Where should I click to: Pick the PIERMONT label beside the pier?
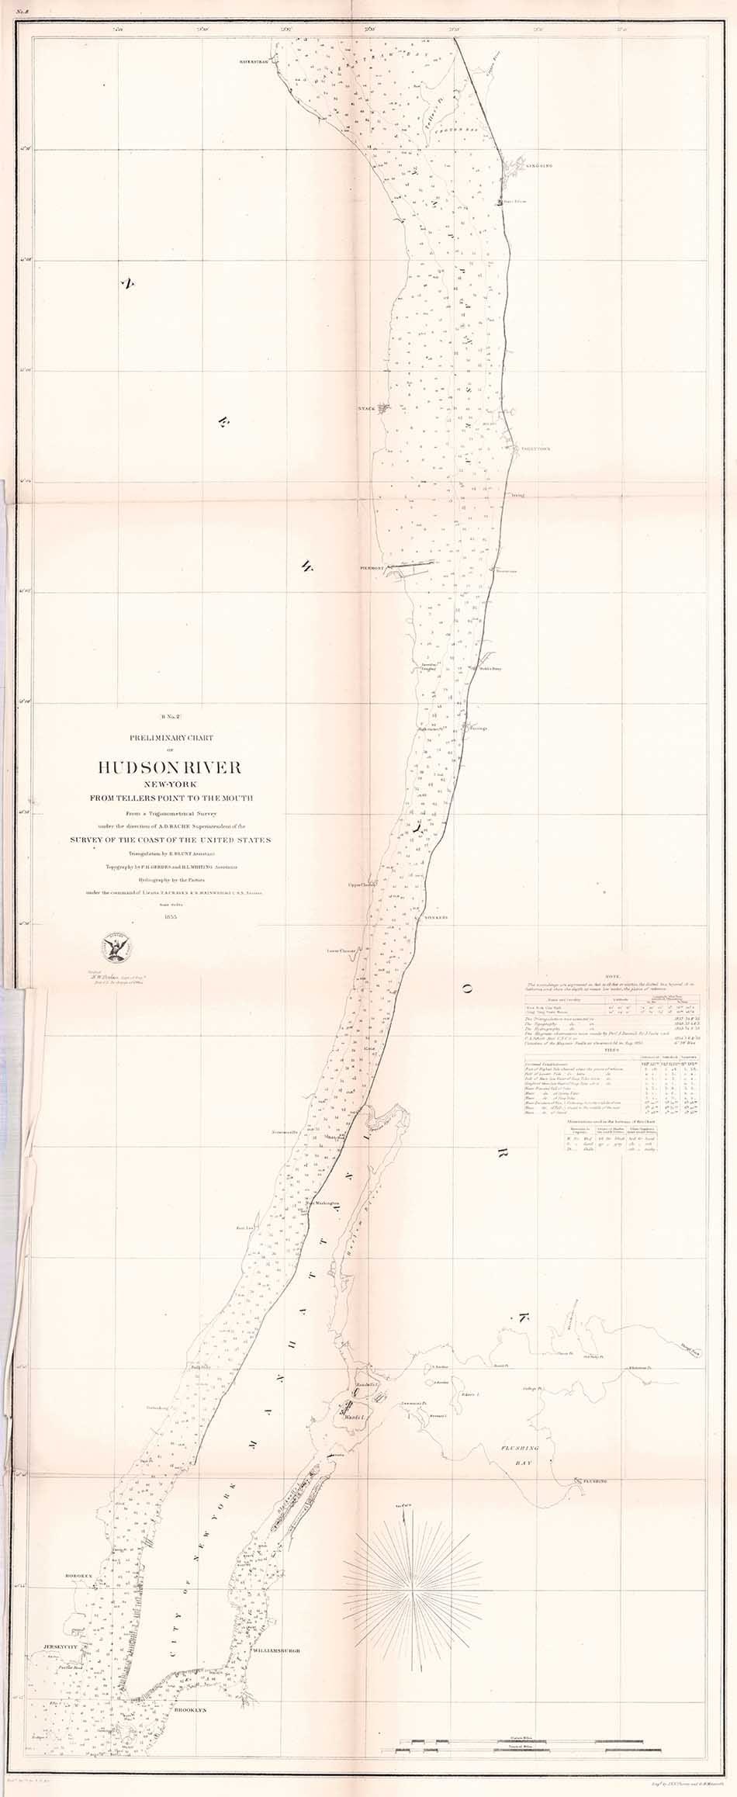click(x=373, y=568)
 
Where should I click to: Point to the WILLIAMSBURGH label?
click(x=275, y=1646)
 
